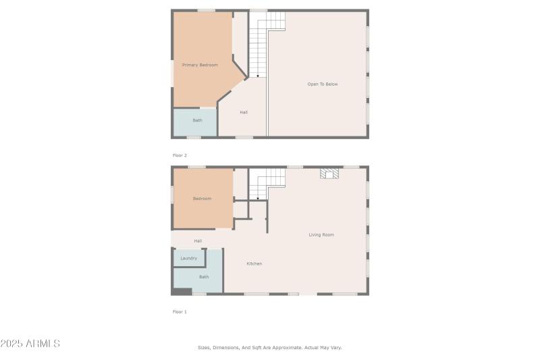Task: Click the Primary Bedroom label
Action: click(200, 65)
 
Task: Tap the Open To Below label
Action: click(322, 84)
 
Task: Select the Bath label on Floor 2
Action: click(197, 121)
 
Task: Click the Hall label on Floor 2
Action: click(244, 112)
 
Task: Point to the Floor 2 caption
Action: click(180, 155)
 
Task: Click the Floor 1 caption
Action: click(180, 312)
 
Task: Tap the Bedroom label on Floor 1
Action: click(202, 199)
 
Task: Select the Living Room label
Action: click(321, 235)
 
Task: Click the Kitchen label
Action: click(254, 263)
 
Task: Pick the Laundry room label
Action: click(189, 258)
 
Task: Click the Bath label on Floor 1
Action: click(203, 277)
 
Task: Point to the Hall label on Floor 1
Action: click(198, 241)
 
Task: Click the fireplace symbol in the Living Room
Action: click(330, 174)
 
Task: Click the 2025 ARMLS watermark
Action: click(30, 344)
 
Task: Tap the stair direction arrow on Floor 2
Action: click(258, 76)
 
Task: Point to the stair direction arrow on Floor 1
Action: click(258, 199)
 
